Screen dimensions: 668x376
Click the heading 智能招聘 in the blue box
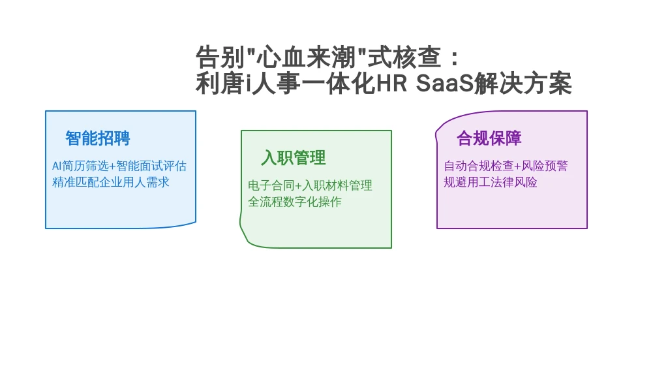[98, 138]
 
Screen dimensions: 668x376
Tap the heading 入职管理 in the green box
[294, 158]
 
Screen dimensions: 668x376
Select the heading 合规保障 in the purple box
[489, 138]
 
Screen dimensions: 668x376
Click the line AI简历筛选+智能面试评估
[119, 166]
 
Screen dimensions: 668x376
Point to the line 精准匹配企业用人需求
[111, 183]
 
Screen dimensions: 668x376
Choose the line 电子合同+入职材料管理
[310, 185]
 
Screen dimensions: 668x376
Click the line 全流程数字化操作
[295, 202]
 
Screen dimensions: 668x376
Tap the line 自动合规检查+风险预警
[506, 166]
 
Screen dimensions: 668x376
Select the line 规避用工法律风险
[491, 183]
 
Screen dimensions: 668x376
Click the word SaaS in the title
[445, 83]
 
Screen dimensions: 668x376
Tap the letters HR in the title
[392, 83]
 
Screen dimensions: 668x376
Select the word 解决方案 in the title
[523, 83]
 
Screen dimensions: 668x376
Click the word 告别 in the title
[220, 57]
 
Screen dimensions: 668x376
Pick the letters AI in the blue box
[57, 166]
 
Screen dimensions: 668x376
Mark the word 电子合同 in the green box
[271, 185]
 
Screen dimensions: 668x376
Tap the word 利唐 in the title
[220, 83]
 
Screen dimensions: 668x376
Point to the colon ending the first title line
[454, 58]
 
